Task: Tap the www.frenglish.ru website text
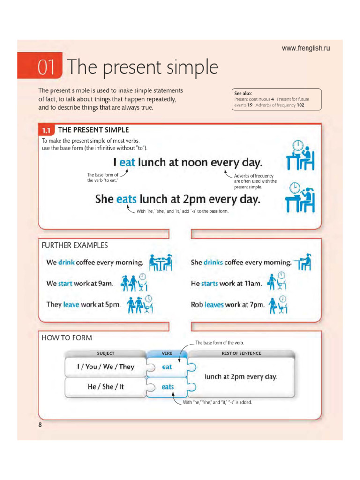click(x=306, y=48)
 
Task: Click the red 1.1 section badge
click(x=47, y=130)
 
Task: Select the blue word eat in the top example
click(x=127, y=163)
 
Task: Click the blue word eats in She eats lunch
click(x=126, y=199)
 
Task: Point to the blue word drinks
click(x=213, y=262)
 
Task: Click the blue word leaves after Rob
click(x=214, y=304)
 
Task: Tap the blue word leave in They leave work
click(x=71, y=304)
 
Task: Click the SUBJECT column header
click(x=105, y=353)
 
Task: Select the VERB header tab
click(x=167, y=353)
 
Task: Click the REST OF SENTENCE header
click(x=241, y=353)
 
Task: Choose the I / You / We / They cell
click(x=105, y=367)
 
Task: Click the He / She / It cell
click(x=105, y=387)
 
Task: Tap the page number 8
click(x=40, y=424)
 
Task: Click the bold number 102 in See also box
click(x=300, y=105)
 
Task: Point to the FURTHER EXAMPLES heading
click(x=75, y=245)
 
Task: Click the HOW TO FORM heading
click(x=67, y=337)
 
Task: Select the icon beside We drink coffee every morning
click(x=160, y=262)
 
